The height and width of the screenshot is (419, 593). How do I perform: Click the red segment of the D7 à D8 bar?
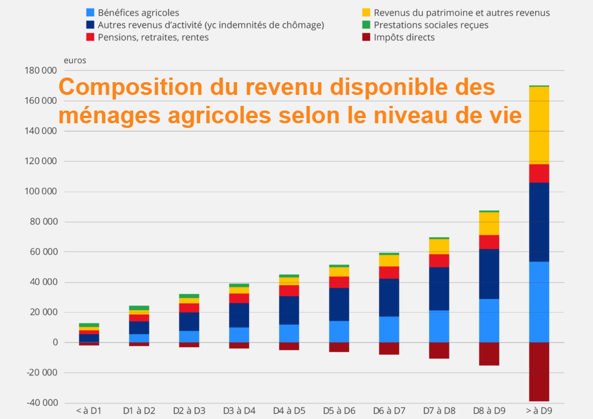tap(439, 260)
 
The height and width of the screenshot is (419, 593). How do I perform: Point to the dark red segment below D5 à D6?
tap(339, 347)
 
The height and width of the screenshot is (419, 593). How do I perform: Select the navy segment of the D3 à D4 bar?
tap(239, 315)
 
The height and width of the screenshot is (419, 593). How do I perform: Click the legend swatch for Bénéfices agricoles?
tap(90, 12)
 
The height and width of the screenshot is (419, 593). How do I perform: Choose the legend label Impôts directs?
tap(404, 38)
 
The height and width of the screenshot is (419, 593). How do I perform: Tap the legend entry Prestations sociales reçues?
tap(431, 25)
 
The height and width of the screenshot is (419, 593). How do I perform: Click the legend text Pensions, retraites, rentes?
tap(153, 38)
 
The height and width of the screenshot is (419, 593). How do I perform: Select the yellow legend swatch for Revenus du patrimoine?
tap(365, 12)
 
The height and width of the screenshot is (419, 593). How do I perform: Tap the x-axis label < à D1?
tap(89, 411)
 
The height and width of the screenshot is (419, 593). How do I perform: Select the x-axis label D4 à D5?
tap(289, 411)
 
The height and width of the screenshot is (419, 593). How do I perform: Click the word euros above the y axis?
tap(75, 60)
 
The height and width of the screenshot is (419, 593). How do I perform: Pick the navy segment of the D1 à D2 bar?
tap(139, 328)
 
